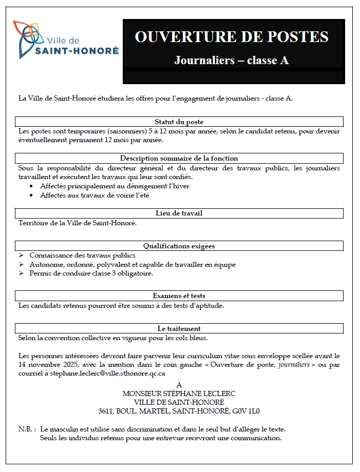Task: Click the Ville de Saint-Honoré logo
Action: tap(66, 40)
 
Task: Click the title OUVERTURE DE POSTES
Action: tap(231, 37)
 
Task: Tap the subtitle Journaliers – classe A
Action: tap(231, 61)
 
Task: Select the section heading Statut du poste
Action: tap(179, 122)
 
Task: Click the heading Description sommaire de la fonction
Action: tap(179, 159)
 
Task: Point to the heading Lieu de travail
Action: tap(179, 213)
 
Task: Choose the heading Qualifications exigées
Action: tap(179, 246)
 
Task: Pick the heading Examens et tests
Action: tap(179, 296)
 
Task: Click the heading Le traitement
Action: tap(179, 328)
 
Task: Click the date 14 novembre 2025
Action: tap(47, 365)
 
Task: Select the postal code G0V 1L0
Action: tap(247, 411)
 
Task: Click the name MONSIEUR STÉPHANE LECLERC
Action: tap(179, 394)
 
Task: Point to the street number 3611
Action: tap(107, 411)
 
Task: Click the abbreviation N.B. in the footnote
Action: tap(27, 429)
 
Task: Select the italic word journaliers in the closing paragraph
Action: tap(294, 365)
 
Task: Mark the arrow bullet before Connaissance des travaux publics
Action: tap(21, 255)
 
